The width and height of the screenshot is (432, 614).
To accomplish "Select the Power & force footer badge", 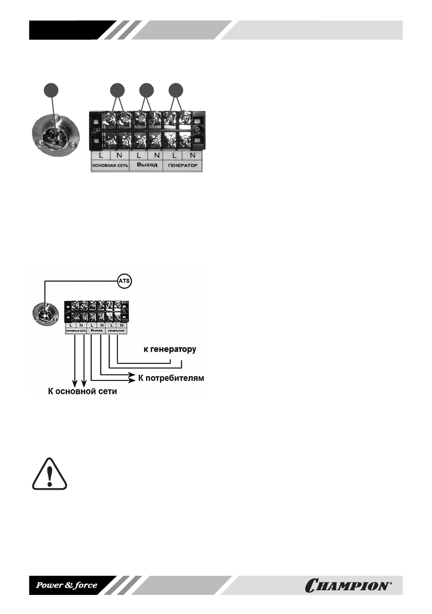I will click(66, 585).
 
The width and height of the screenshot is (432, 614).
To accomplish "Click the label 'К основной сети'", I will click(79, 392).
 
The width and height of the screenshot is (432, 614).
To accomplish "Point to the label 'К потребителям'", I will click(172, 378).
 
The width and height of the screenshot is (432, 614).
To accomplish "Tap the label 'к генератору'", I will click(169, 350).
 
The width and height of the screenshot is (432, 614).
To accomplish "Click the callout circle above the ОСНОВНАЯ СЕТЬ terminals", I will click(118, 90).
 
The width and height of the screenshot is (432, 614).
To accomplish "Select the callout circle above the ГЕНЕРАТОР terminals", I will click(177, 90).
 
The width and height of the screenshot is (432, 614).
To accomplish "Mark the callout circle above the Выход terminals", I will click(147, 90).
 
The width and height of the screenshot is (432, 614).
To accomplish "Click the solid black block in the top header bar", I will click(67, 30).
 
